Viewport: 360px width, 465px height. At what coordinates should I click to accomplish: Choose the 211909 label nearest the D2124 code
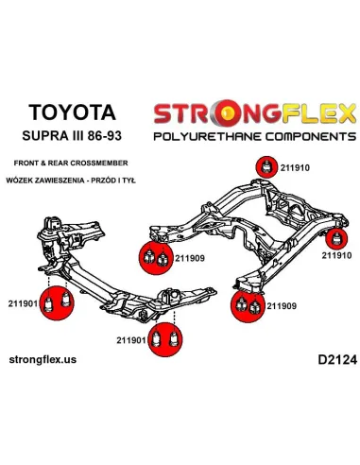282,305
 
